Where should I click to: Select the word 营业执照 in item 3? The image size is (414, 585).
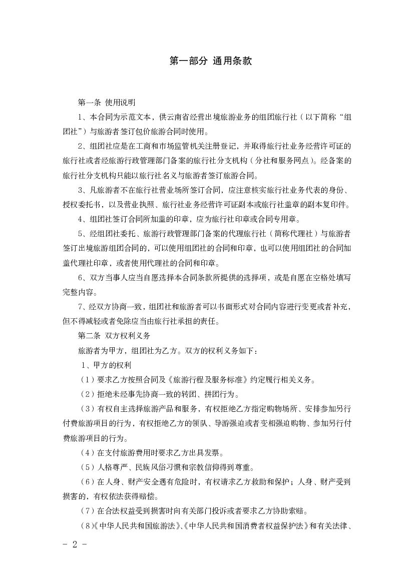tap(155, 205)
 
